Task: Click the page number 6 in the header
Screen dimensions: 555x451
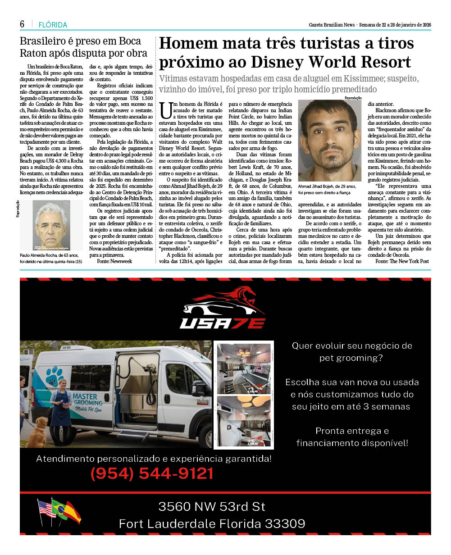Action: [x=22, y=24]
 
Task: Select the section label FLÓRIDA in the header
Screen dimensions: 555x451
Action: [x=53, y=25]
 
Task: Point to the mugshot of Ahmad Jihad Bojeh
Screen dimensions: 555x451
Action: [x=330, y=141]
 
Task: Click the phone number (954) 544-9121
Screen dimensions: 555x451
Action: [x=152, y=473]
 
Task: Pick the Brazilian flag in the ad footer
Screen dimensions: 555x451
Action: [x=59, y=510]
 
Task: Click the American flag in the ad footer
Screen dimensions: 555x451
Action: [x=46, y=509]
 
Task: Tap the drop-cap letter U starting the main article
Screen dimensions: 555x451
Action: [x=166, y=109]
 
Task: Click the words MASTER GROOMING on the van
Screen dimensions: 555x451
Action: [x=88, y=398]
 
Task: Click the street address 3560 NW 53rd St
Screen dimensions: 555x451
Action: [x=212, y=506]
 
